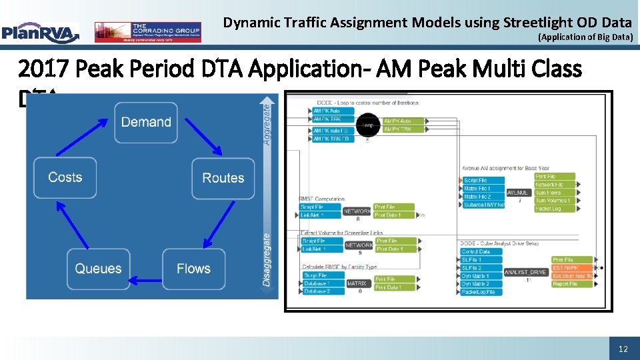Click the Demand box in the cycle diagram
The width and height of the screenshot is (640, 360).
click(x=145, y=123)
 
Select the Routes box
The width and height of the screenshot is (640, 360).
click(x=223, y=178)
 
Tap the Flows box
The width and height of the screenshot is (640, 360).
click(x=193, y=269)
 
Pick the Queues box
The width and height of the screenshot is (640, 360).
click(x=98, y=269)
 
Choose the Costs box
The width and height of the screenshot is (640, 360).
click(x=65, y=177)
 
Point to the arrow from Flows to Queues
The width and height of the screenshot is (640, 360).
click(x=145, y=281)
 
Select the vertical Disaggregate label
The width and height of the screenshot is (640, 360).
click(x=267, y=259)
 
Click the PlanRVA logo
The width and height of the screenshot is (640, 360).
click(x=40, y=32)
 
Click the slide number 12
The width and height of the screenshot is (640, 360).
click(x=623, y=349)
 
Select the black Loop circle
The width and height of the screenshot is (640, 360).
click(x=367, y=125)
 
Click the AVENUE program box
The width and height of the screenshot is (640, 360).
click(x=519, y=193)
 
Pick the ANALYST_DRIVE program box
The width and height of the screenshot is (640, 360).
click(x=526, y=272)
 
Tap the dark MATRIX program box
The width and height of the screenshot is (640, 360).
click(x=357, y=283)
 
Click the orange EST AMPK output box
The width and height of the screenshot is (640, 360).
click(x=572, y=268)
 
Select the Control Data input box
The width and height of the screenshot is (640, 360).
click(x=480, y=251)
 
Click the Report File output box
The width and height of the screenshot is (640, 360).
click(x=572, y=284)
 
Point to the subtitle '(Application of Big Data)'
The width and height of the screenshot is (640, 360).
click(x=585, y=37)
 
